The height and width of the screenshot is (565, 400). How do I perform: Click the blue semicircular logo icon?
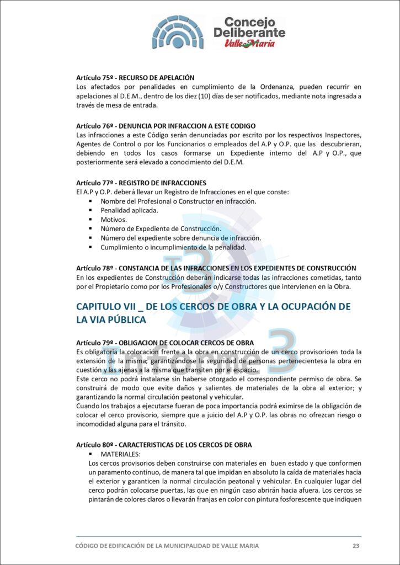coord(177,32)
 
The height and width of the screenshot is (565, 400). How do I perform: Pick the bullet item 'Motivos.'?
coord(113,220)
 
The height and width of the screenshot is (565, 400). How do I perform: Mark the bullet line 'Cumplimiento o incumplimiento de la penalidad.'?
coord(173,247)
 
